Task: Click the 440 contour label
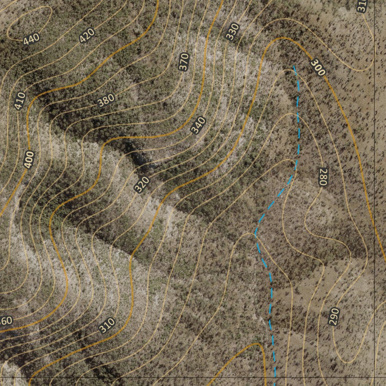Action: point(31,39)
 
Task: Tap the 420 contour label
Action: point(87,36)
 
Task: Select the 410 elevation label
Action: point(20,101)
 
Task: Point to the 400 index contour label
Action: point(29,159)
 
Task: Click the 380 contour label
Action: point(106,100)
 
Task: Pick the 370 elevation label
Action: point(184,62)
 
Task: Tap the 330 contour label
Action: point(233,32)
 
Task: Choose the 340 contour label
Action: point(198,126)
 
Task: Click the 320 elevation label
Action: point(142,185)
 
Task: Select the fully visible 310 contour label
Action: point(107,325)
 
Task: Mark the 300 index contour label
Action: point(318,67)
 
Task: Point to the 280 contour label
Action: point(322,176)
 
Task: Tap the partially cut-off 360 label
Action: point(6,322)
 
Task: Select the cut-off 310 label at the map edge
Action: point(363,5)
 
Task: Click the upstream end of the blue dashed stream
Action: point(294,67)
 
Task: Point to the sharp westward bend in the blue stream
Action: point(255,234)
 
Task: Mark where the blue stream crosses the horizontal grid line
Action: point(275,377)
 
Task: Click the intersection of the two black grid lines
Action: point(374,377)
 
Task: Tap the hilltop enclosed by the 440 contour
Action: point(28,23)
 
